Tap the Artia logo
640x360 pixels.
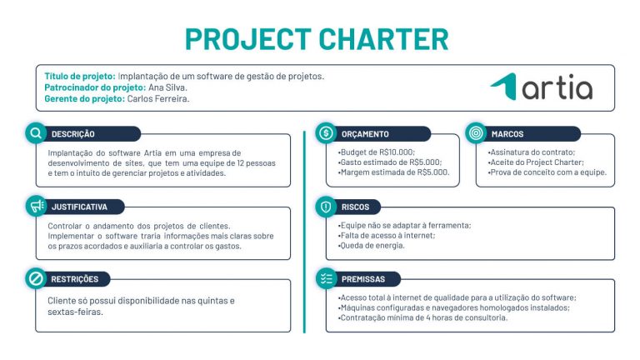542,86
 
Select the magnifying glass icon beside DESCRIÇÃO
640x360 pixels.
36,133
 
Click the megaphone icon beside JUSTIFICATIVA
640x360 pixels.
36,205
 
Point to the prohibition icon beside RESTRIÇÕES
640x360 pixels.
36,279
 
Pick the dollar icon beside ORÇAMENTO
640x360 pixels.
326,133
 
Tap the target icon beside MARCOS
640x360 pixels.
475,133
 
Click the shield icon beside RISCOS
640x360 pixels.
326,206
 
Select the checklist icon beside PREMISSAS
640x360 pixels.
326,279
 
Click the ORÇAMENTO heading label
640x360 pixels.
365,134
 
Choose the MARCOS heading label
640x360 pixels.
507,134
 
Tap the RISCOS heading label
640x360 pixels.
355,207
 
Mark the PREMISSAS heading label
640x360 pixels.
362,280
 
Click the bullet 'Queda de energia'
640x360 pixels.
372,246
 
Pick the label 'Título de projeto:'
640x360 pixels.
80,77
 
